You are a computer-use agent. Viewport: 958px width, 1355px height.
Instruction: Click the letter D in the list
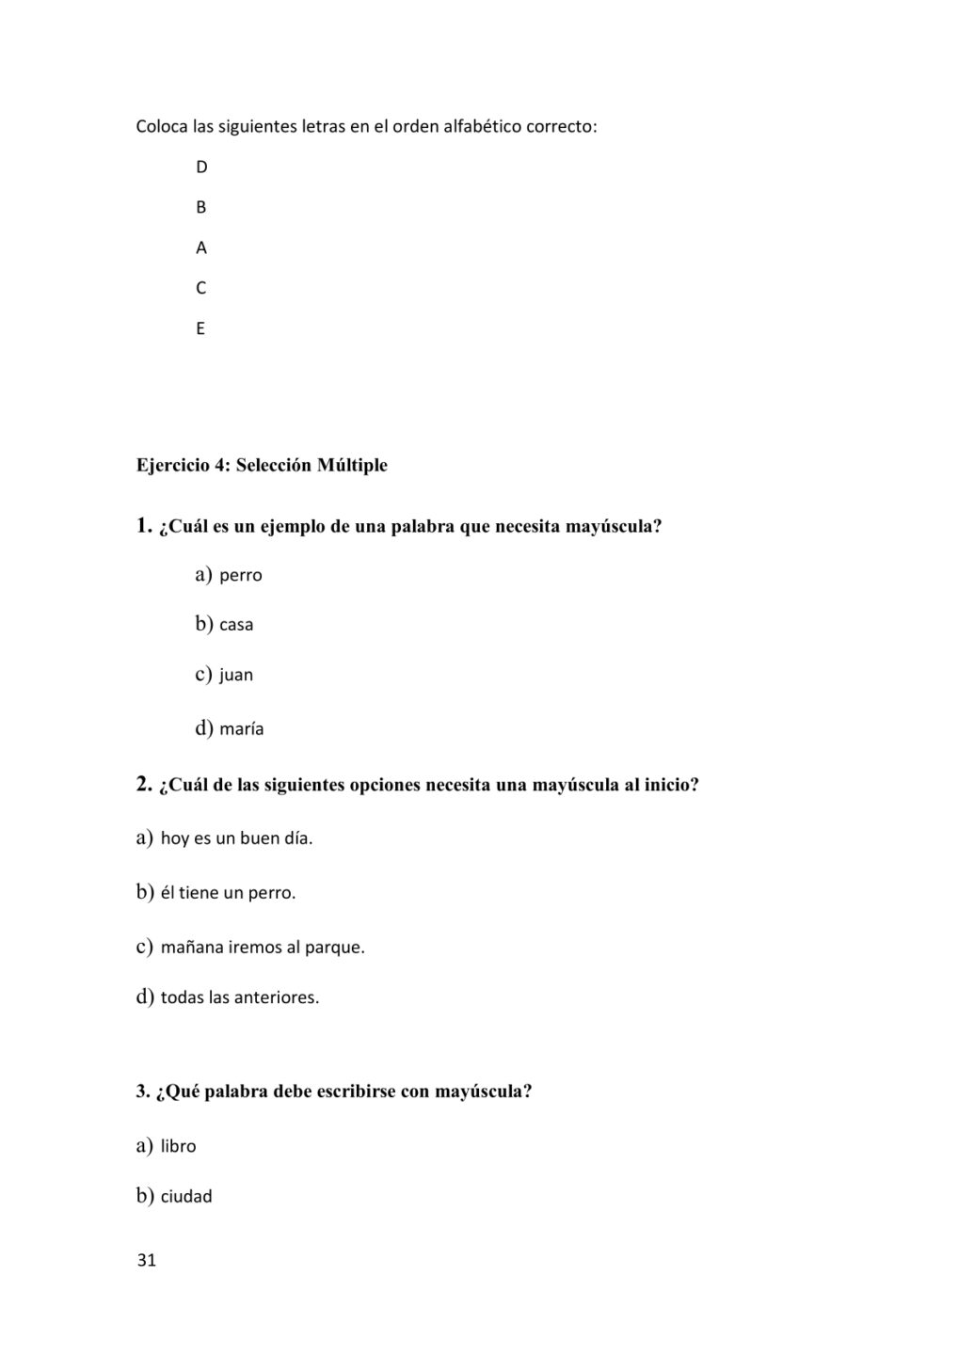[201, 167]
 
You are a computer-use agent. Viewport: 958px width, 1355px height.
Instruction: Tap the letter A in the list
[201, 248]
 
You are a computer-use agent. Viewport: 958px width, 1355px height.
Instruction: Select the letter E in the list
[200, 328]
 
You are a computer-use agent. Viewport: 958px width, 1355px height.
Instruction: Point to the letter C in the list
[201, 288]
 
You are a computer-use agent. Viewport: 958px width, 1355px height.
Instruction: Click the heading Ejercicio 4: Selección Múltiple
[262, 465]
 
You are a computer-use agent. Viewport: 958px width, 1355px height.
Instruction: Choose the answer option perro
[240, 575]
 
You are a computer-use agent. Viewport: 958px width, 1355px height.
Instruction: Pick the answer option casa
[236, 625]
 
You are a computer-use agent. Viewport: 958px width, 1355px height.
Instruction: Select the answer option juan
[236, 675]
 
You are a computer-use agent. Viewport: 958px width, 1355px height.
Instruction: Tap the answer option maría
[241, 728]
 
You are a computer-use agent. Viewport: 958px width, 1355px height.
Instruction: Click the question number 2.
[144, 783]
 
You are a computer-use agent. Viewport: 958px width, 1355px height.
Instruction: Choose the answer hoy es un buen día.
[236, 837]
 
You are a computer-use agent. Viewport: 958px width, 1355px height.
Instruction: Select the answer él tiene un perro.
[228, 892]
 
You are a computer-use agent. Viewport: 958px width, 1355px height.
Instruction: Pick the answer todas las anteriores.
[240, 997]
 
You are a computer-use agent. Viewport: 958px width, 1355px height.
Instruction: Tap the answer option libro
[178, 1146]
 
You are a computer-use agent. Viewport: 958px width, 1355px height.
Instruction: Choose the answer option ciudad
[186, 1197]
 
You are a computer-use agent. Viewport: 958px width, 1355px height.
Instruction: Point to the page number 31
[147, 1261]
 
